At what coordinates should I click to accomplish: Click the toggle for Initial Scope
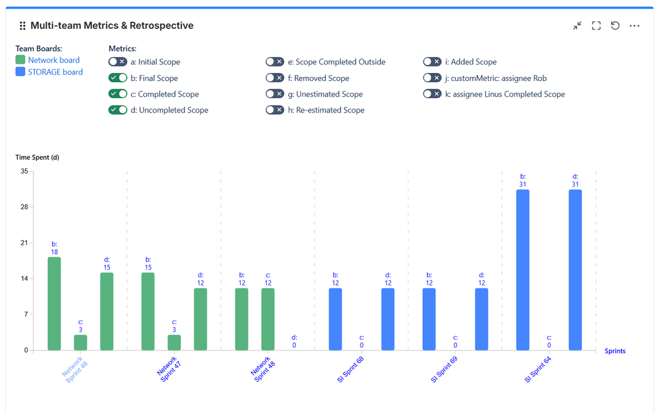point(118,62)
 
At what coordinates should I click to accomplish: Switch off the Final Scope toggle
point(118,78)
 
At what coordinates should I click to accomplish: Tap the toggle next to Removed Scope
point(275,78)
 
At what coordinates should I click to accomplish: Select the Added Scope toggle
point(432,62)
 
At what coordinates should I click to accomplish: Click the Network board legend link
point(53,60)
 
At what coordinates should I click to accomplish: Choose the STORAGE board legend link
point(55,72)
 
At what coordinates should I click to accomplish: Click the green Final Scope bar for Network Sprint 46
point(54,303)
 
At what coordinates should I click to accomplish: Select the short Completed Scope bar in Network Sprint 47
point(174,342)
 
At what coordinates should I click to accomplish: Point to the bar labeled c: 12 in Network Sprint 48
point(268,319)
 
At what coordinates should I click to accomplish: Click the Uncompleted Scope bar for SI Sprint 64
point(575,270)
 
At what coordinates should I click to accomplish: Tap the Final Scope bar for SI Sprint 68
point(335,319)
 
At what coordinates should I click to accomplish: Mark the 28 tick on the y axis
point(24,207)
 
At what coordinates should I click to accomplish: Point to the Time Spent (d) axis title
point(37,157)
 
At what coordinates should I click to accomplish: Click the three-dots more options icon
point(635,26)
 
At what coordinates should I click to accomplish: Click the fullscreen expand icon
point(596,26)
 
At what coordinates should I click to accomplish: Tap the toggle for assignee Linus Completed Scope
point(432,94)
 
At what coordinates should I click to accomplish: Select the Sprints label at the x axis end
point(615,351)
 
